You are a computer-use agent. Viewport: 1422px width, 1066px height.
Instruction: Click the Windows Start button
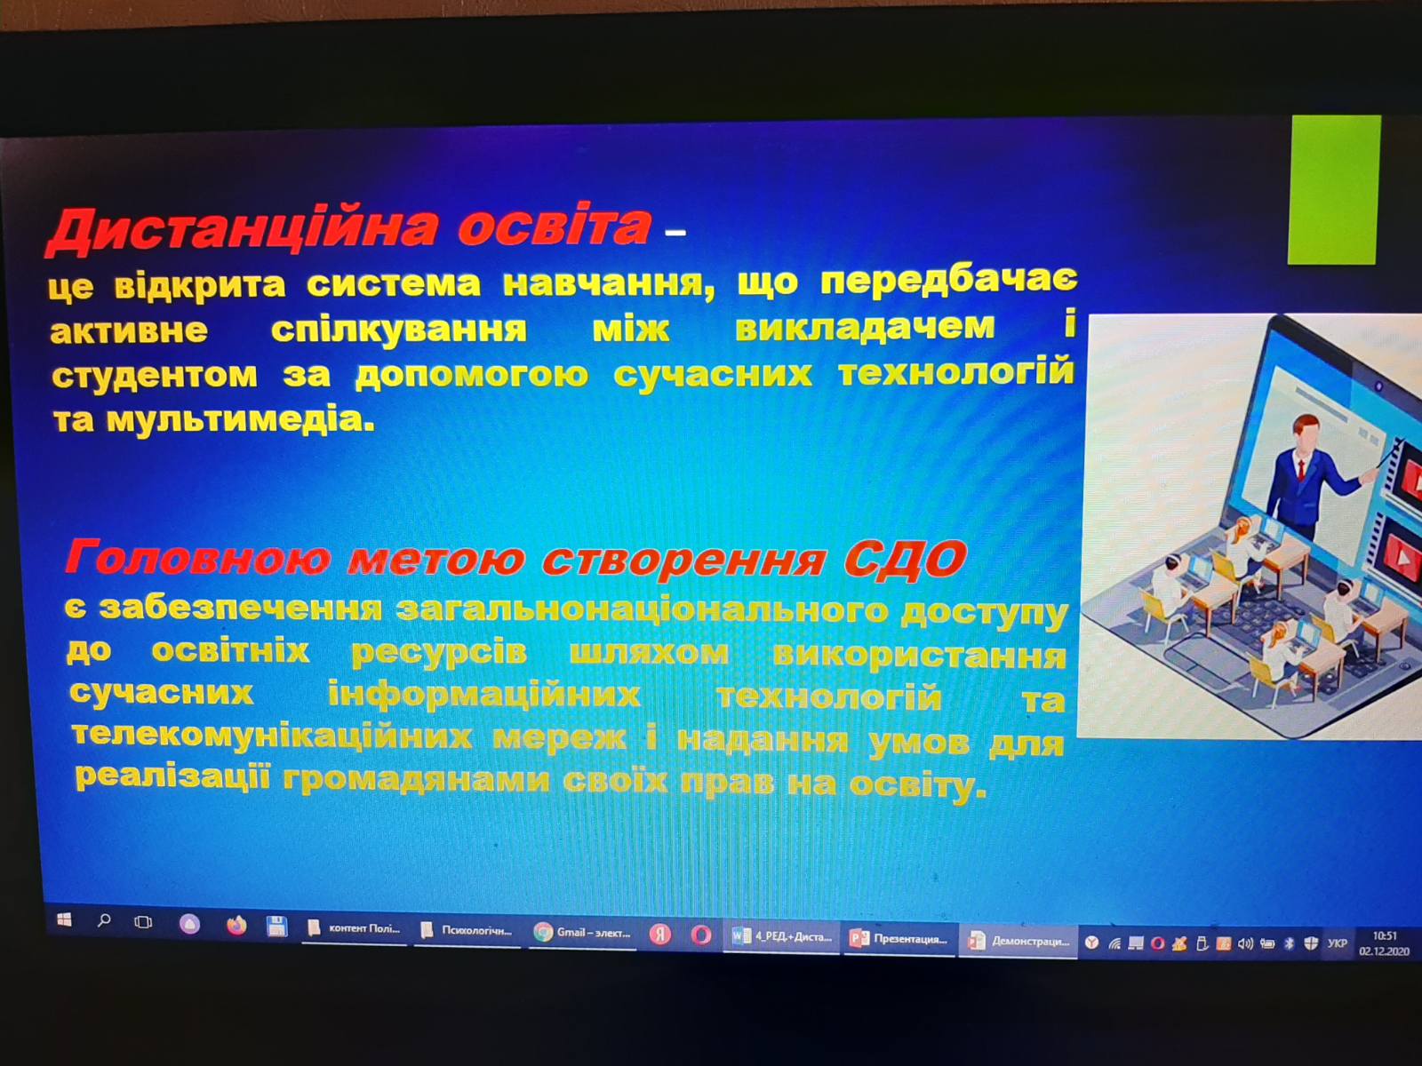64,919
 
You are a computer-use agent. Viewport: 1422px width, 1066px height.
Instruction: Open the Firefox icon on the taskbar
236,926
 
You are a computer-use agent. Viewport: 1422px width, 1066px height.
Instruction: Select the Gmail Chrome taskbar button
582,933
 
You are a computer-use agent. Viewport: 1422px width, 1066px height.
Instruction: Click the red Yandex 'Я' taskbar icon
660,935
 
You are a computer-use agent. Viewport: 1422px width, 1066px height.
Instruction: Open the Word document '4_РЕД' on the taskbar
782,936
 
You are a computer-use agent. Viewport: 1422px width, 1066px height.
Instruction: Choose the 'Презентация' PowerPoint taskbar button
899,938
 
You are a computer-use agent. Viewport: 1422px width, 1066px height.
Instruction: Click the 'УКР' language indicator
1337,943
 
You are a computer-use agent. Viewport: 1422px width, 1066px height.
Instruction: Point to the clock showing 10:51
1384,936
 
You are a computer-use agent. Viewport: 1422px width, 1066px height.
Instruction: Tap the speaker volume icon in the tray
1244,943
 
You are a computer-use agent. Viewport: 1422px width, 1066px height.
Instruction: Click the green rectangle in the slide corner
1333,189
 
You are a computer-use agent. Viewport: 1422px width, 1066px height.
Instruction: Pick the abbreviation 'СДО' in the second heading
905,560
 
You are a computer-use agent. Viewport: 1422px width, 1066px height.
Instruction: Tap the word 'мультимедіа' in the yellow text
240,420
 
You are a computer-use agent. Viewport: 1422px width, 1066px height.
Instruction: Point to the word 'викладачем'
865,327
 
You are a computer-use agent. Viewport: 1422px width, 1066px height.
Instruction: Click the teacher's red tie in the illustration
1301,467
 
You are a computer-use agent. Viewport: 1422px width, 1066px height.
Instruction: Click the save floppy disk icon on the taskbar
277,927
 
